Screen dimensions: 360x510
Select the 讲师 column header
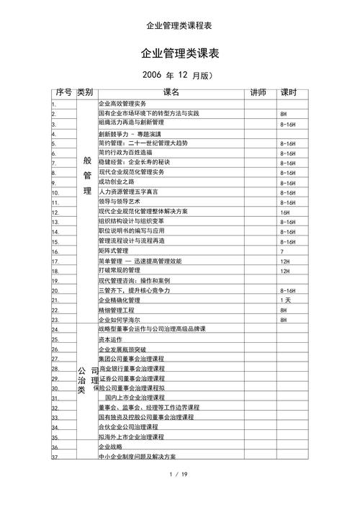coord(258,93)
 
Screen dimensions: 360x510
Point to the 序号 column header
coord(63,93)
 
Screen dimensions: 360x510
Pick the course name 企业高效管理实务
coord(122,104)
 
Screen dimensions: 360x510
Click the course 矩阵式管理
coord(113,251)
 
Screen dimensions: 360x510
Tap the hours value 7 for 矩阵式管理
coord(282,252)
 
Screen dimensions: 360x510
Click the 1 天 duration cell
coord(285,300)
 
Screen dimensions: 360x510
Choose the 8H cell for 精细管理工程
coord(284,310)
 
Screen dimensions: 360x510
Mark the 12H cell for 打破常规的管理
coord(284,272)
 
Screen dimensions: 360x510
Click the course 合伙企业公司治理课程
coord(128,427)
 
